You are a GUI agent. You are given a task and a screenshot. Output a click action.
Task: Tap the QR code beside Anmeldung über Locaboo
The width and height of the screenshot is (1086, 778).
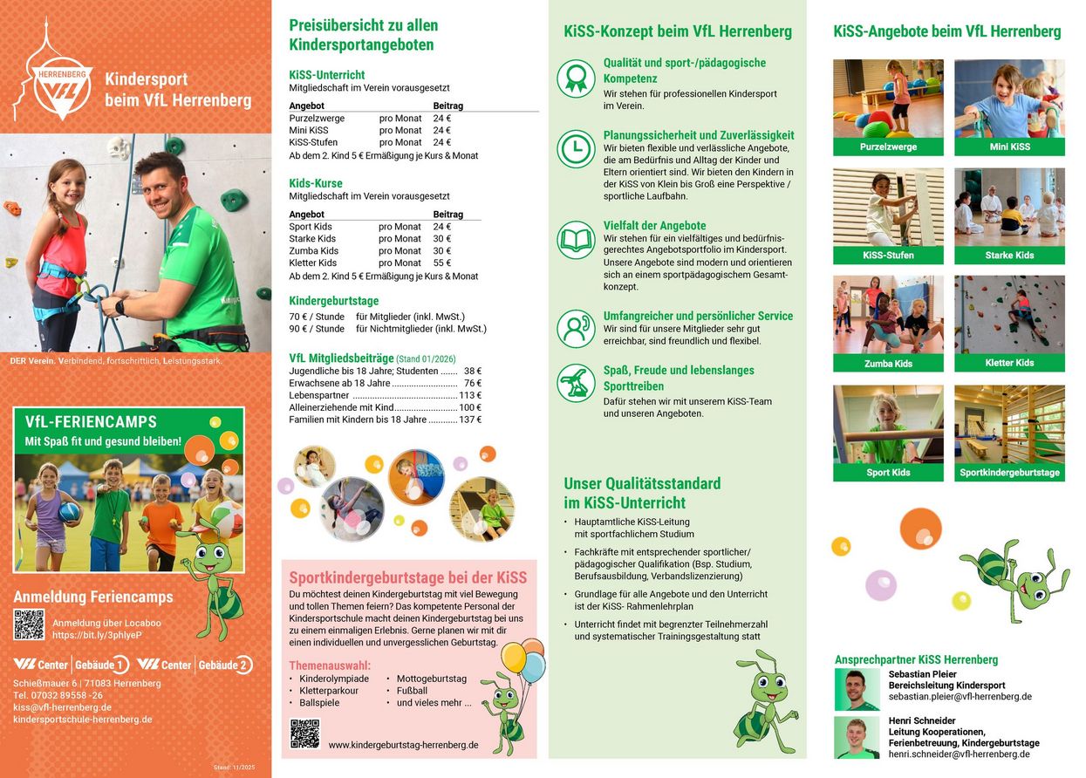click(29, 624)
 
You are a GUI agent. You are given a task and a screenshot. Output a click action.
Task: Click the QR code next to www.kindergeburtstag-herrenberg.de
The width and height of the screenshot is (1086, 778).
click(304, 734)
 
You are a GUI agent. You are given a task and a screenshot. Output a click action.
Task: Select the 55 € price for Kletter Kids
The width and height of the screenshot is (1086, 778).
click(442, 263)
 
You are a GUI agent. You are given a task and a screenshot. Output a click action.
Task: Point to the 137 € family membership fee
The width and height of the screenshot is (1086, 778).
click(470, 420)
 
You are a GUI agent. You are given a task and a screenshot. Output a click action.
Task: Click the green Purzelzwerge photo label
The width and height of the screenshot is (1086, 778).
click(888, 147)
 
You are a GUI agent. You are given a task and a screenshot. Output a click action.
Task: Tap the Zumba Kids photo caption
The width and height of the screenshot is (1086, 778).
click(888, 363)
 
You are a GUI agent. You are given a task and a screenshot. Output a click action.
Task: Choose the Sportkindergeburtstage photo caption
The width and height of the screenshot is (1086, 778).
click(1009, 473)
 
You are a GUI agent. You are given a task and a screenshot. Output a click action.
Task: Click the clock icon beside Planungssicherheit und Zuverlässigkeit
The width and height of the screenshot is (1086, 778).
click(576, 148)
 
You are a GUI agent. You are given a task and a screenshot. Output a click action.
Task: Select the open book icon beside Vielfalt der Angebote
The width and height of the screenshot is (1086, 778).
click(576, 239)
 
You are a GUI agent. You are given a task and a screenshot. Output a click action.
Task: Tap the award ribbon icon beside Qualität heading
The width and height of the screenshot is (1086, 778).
click(576, 78)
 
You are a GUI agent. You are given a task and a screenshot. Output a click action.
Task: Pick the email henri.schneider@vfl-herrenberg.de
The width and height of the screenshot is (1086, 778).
click(959, 754)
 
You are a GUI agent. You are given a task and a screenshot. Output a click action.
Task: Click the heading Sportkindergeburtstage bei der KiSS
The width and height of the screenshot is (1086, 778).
click(408, 577)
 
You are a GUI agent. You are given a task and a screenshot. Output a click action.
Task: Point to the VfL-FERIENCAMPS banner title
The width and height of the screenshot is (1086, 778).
click(91, 423)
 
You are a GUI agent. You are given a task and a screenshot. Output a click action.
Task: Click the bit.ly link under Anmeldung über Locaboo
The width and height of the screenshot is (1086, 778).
click(98, 636)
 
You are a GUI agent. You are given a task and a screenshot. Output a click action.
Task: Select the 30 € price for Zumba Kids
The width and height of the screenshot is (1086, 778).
click(442, 250)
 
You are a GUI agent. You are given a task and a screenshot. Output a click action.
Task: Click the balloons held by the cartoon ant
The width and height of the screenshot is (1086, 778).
click(524, 659)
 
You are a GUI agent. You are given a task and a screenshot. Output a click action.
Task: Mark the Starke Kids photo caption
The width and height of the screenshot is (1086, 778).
click(1009, 255)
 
